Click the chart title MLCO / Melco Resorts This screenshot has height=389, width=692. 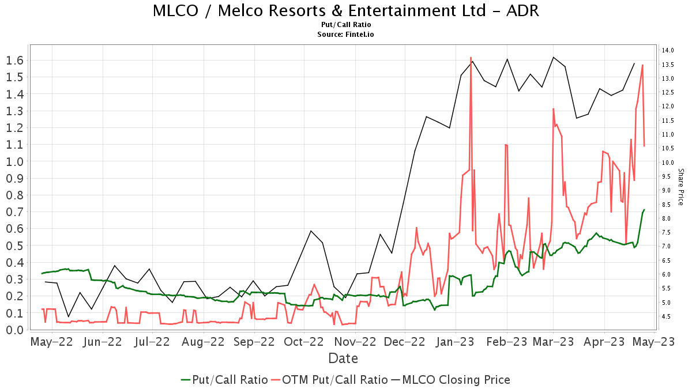click(x=346, y=10)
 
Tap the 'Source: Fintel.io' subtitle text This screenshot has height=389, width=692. click(x=346, y=35)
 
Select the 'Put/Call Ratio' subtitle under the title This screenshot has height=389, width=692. click(x=346, y=25)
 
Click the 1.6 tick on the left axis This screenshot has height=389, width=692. click(x=14, y=60)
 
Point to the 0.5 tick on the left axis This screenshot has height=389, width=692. click(x=14, y=246)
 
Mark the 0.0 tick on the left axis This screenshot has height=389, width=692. click(x=14, y=330)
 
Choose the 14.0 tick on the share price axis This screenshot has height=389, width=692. click(x=668, y=51)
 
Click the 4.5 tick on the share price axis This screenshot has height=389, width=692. click(x=668, y=316)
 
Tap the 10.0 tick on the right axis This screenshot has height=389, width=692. click(x=668, y=163)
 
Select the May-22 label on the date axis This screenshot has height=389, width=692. click(x=52, y=342)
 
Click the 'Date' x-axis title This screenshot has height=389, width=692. click(x=343, y=358)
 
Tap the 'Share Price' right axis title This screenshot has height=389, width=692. click(x=680, y=187)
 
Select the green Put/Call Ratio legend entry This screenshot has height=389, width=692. click(x=224, y=380)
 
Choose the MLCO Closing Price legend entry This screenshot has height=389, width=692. click(x=451, y=380)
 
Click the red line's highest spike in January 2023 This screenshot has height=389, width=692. click(x=471, y=58)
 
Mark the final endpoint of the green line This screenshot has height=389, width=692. click(x=644, y=210)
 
